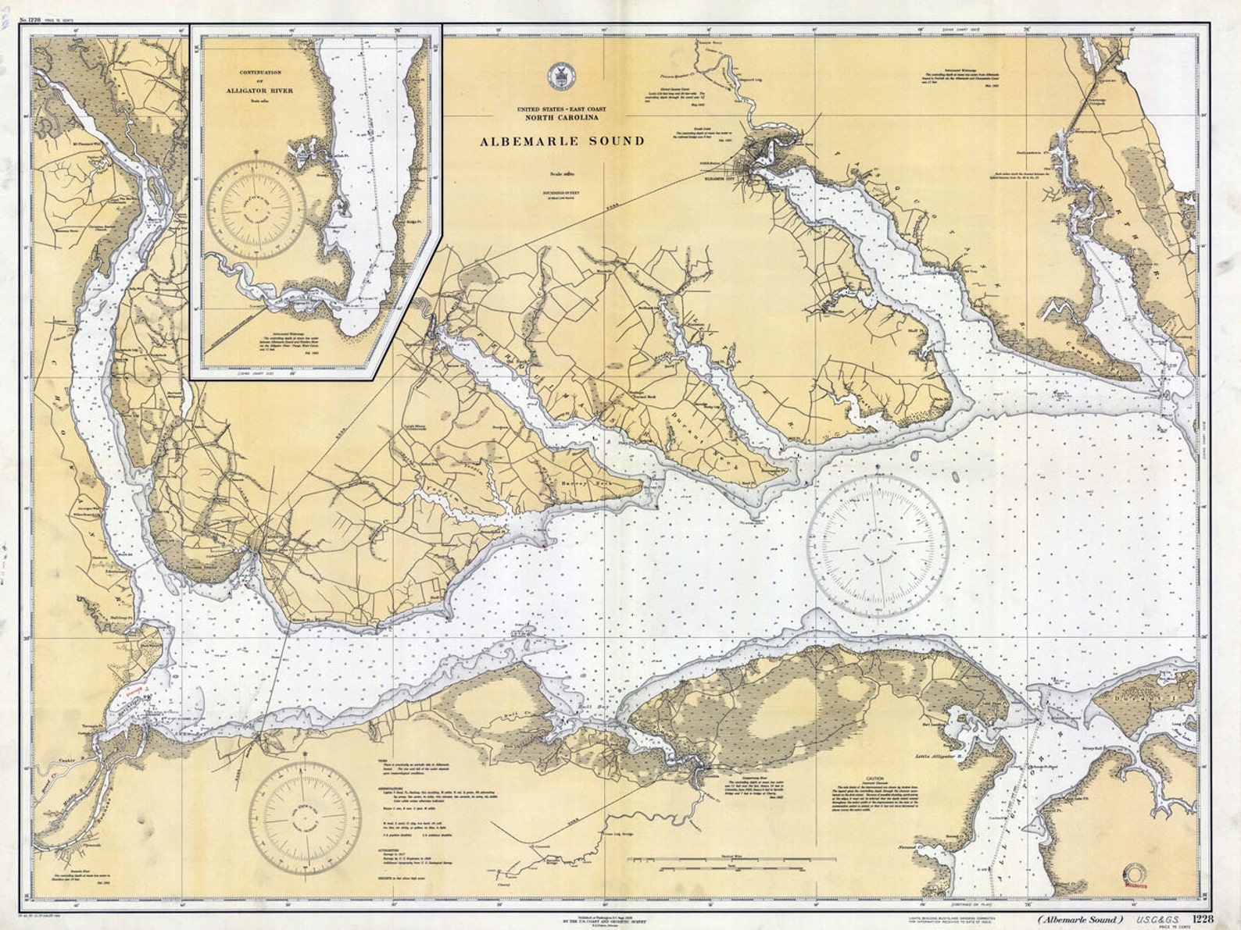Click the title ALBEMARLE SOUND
tap(562, 141)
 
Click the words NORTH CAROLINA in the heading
tap(561, 118)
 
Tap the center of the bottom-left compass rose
tap(306, 814)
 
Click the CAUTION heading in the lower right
tap(874, 779)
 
